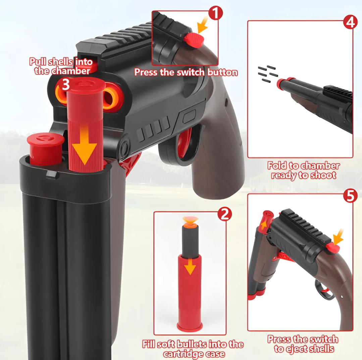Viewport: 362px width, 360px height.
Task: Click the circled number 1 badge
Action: point(215,13)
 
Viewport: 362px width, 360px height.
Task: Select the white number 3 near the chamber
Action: point(65,85)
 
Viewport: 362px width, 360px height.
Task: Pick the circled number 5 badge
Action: point(350,196)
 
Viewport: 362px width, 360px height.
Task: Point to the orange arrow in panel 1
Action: point(203,26)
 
